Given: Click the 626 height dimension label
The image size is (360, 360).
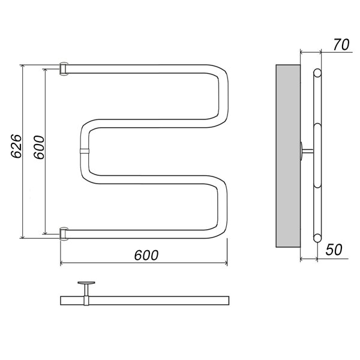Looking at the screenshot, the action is point(16,146).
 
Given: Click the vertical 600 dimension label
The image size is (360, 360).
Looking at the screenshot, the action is point(39,147).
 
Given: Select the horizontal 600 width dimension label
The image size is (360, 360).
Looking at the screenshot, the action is point(146,255).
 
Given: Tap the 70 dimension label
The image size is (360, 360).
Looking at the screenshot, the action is point(341,44).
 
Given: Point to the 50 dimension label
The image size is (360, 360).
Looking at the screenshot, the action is point(334,250).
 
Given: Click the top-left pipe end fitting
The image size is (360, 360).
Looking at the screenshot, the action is point(63,68).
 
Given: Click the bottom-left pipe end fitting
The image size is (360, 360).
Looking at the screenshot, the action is point(63,234).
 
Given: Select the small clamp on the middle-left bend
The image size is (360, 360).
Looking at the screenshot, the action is point(84,151).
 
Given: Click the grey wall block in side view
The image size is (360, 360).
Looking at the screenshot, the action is point(288,156).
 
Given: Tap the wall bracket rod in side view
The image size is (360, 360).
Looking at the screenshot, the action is point(307,151).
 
